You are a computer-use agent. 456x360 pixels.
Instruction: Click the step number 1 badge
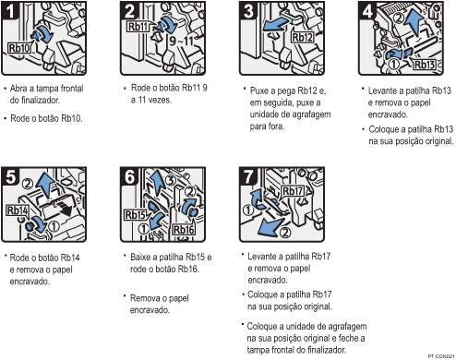9,10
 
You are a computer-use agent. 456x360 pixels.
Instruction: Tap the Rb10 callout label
19,48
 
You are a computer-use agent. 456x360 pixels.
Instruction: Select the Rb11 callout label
138,27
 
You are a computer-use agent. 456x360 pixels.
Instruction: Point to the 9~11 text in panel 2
181,41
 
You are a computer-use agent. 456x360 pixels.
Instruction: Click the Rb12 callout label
302,38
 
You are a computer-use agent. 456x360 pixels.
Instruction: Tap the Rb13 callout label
425,65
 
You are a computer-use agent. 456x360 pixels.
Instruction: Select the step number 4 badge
367,10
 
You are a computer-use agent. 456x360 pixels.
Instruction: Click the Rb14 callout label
18,210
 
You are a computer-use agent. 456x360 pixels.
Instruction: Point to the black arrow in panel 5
62,210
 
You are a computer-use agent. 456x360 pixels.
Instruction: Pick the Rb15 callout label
136,215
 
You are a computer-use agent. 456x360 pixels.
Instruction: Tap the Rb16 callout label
184,230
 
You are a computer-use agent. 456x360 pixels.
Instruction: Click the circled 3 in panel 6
171,180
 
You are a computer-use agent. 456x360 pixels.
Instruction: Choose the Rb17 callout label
293,191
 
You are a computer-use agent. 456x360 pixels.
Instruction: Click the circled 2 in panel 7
285,233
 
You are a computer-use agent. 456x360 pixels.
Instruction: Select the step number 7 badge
247,176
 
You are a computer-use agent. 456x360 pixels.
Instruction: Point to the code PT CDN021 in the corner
441,356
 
